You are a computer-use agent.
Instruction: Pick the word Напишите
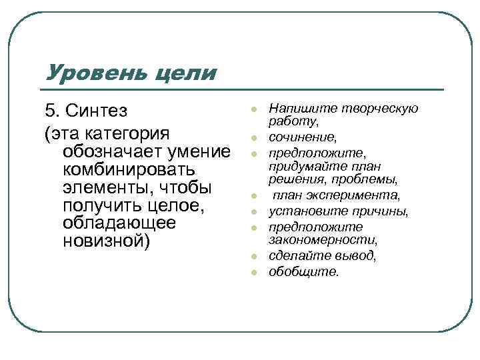[296, 109]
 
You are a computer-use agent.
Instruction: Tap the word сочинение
[302, 137]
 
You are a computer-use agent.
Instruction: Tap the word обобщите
[303, 271]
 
